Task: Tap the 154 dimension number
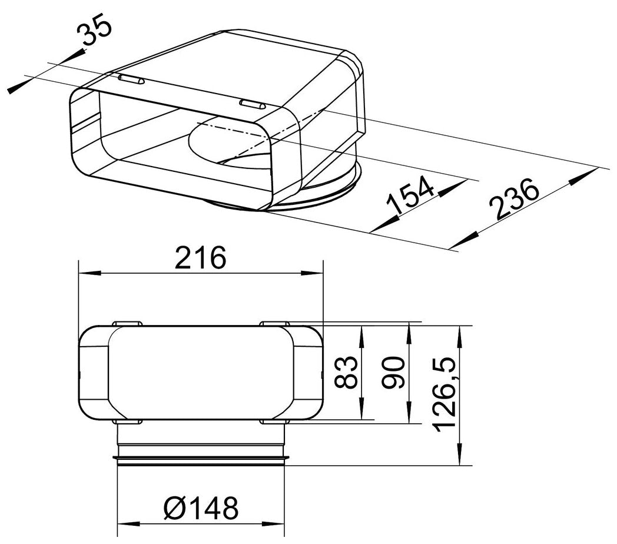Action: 410,195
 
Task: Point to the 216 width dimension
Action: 201,258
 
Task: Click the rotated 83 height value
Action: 346,372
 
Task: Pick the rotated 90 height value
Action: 393,372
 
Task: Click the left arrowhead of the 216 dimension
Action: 89,273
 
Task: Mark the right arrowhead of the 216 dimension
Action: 312,273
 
